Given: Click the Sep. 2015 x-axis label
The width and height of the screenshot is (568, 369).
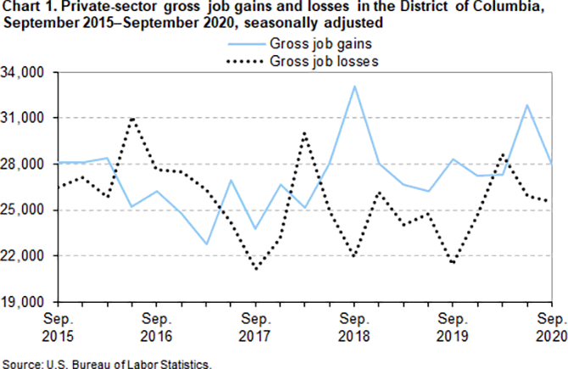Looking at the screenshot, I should pyautogui.click(x=58, y=327).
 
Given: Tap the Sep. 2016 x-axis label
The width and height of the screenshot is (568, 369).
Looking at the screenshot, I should pyautogui.click(x=157, y=327).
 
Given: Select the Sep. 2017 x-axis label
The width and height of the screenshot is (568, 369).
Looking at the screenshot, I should pyautogui.click(x=256, y=327).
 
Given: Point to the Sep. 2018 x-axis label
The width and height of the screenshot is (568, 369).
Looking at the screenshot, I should pyautogui.click(x=354, y=327).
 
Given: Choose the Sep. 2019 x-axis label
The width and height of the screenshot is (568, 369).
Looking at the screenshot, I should pyautogui.click(x=454, y=327).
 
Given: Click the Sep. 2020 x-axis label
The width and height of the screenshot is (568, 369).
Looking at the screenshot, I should pyautogui.click(x=552, y=327).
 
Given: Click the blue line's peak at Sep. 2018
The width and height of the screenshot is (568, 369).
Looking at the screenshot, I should pyautogui.click(x=354, y=86).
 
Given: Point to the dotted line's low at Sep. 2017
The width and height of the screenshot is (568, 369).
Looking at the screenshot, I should pyautogui.click(x=256, y=269).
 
